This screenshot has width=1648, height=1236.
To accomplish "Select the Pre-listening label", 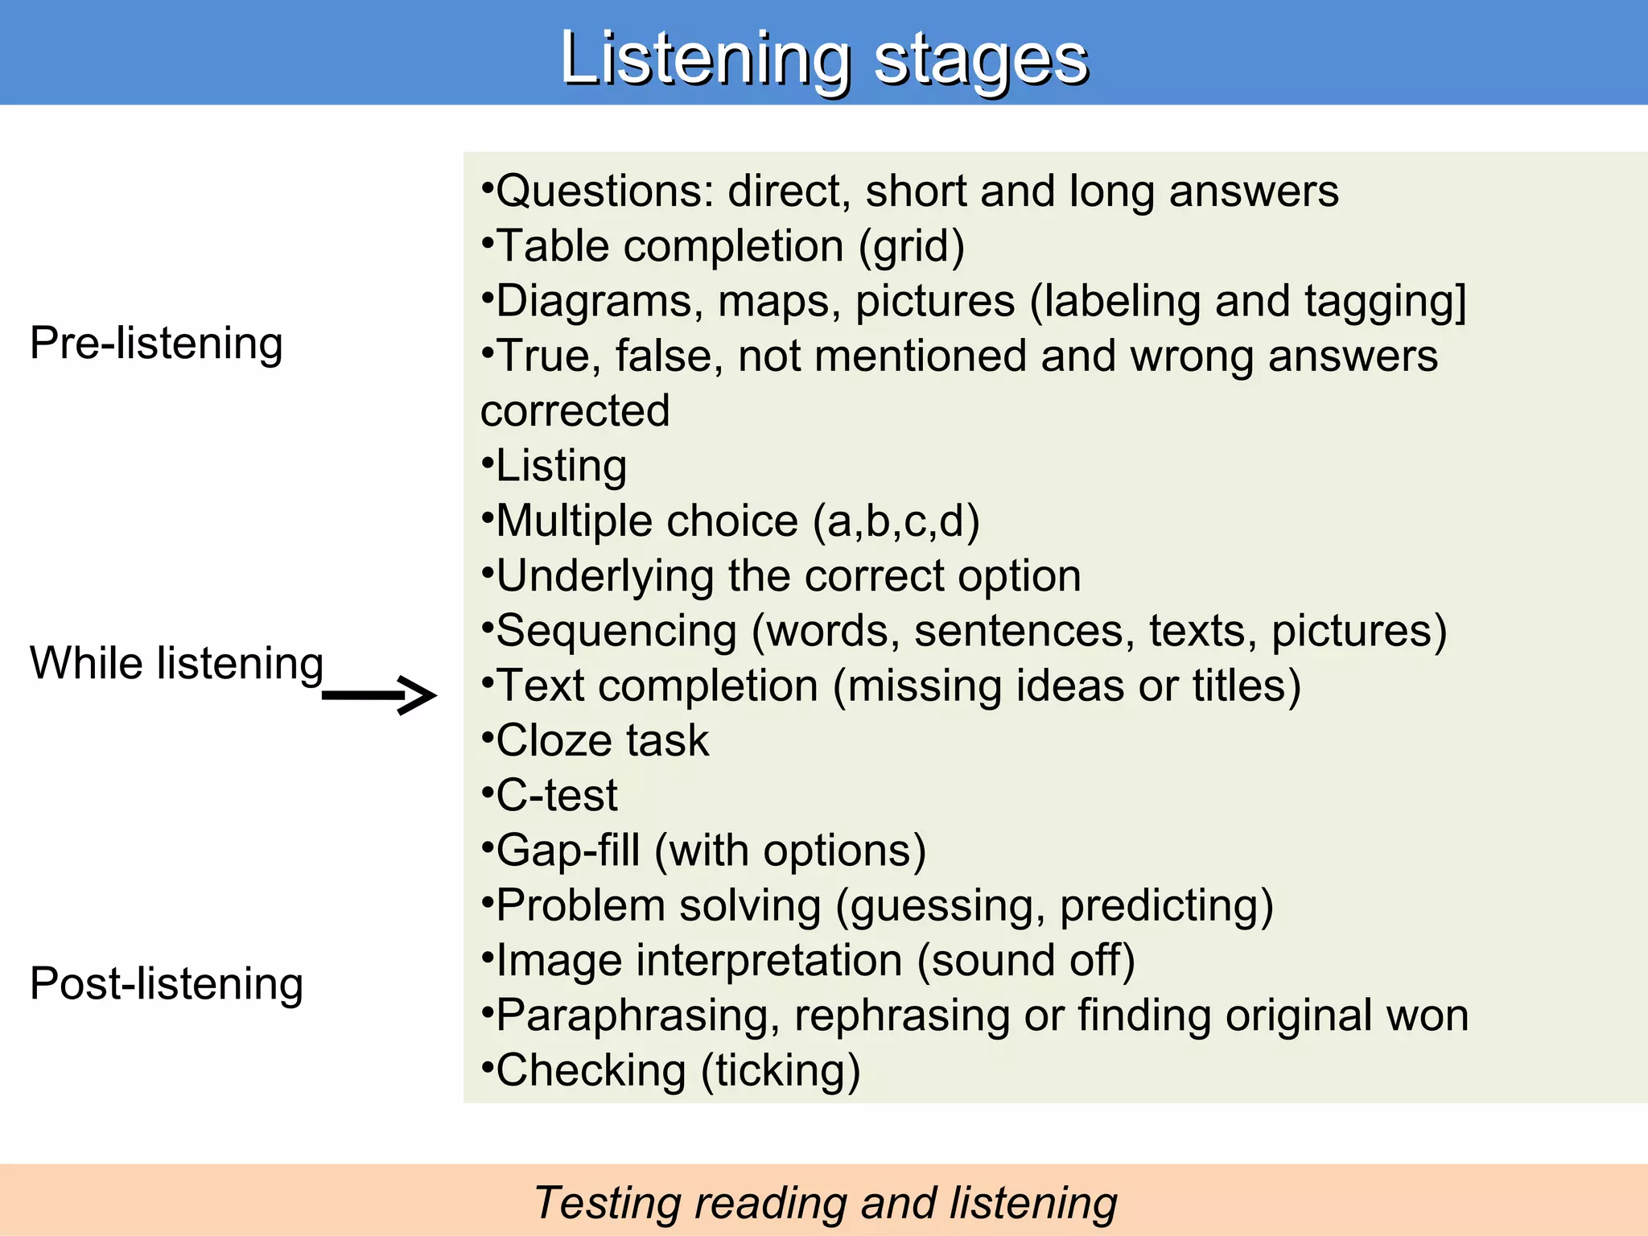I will click(156, 344).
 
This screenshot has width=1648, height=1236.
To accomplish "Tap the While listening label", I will click(176, 664).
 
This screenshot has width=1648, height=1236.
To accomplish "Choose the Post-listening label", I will click(166, 984).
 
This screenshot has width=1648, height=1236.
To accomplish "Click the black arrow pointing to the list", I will click(379, 695).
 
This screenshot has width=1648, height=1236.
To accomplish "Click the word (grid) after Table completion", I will click(911, 247).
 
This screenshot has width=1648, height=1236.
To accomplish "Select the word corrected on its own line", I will click(575, 411).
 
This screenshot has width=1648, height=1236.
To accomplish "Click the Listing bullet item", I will click(560, 467).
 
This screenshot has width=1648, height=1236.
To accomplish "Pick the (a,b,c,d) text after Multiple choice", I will click(896, 521).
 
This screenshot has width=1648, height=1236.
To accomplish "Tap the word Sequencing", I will click(616, 631).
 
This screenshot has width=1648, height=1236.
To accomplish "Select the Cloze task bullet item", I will click(601, 741).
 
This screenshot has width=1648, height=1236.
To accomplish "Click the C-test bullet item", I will click(556, 796).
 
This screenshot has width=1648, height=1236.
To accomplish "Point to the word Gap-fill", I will click(568, 851).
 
